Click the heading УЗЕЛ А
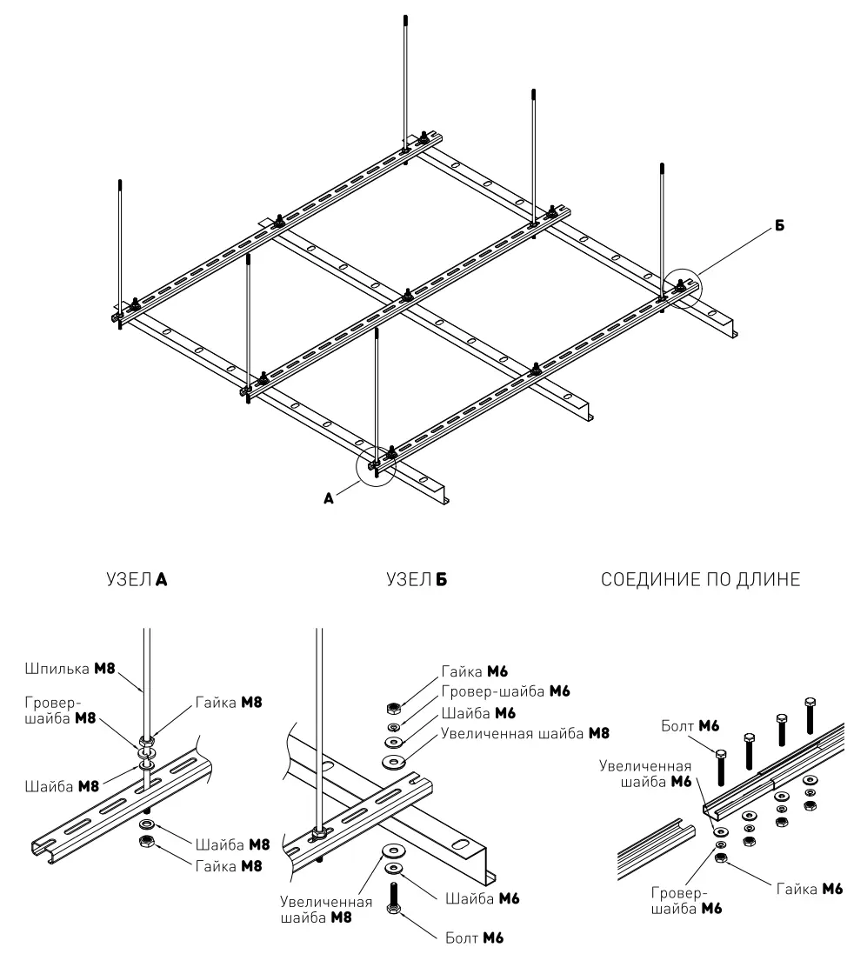pyautogui.click(x=137, y=579)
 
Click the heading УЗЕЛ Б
pyautogui.click(x=417, y=579)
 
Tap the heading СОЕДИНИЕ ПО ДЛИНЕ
pyautogui.click(x=700, y=579)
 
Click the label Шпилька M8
pyautogui.click(x=70, y=669)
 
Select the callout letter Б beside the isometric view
pyautogui.click(x=779, y=226)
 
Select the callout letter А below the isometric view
pyautogui.click(x=330, y=499)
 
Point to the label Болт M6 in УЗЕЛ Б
pyautogui.click(x=475, y=937)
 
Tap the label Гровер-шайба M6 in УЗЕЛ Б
pyautogui.click(x=505, y=691)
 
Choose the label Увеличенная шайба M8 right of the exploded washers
pyautogui.click(x=525, y=733)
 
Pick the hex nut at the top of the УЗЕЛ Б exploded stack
pyautogui.click(x=393, y=708)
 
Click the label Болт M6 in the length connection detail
pyautogui.click(x=690, y=726)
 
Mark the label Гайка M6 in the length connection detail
pyautogui.click(x=810, y=889)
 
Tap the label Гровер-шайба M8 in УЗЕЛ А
pyautogui.click(x=60, y=710)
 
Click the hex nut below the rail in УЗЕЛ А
pyautogui.click(x=146, y=841)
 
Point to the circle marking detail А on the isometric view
pyautogui.click(x=377, y=466)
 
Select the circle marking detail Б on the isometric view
pyautogui.click(x=682, y=289)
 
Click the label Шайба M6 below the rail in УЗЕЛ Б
pyautogui.click(x=483, y=898)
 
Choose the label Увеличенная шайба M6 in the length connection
pyautogui.click(x=645, y=773)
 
